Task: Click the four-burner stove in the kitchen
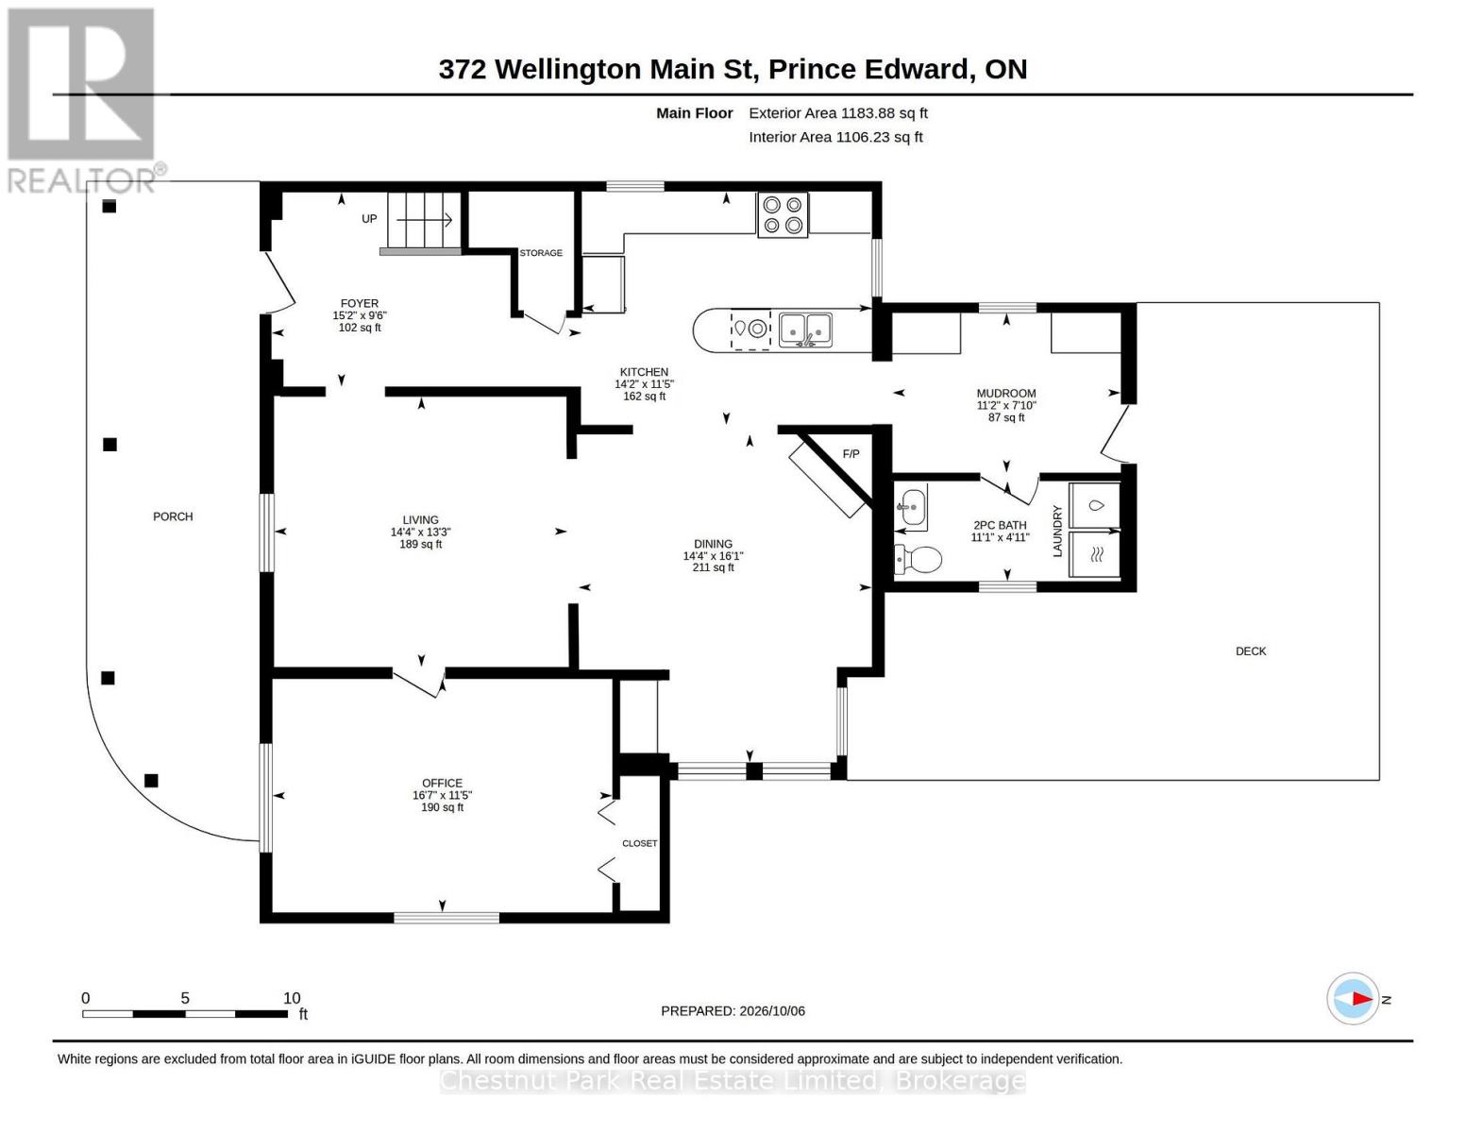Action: [782, 214]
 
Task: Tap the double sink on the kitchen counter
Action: [805, 330]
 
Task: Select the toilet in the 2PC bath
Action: [918, 559]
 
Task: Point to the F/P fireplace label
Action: [851, 454]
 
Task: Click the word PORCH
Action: [173, 516]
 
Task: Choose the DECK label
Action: [1250, 651]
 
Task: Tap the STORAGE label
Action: [540, 253]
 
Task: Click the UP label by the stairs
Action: [369, 219]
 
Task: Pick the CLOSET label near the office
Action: [639, 843]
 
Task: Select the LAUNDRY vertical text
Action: [1057, 531]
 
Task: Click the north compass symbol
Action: [1352, 999]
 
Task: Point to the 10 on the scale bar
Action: [292, 998]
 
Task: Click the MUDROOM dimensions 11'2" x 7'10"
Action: [1006, 406]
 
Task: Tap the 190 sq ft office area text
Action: [442, 807]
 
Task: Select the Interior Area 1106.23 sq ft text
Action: [835, 137]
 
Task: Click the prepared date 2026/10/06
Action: [772, 1011]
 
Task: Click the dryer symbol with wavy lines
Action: [1094, 555]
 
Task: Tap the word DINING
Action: [713, 544]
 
